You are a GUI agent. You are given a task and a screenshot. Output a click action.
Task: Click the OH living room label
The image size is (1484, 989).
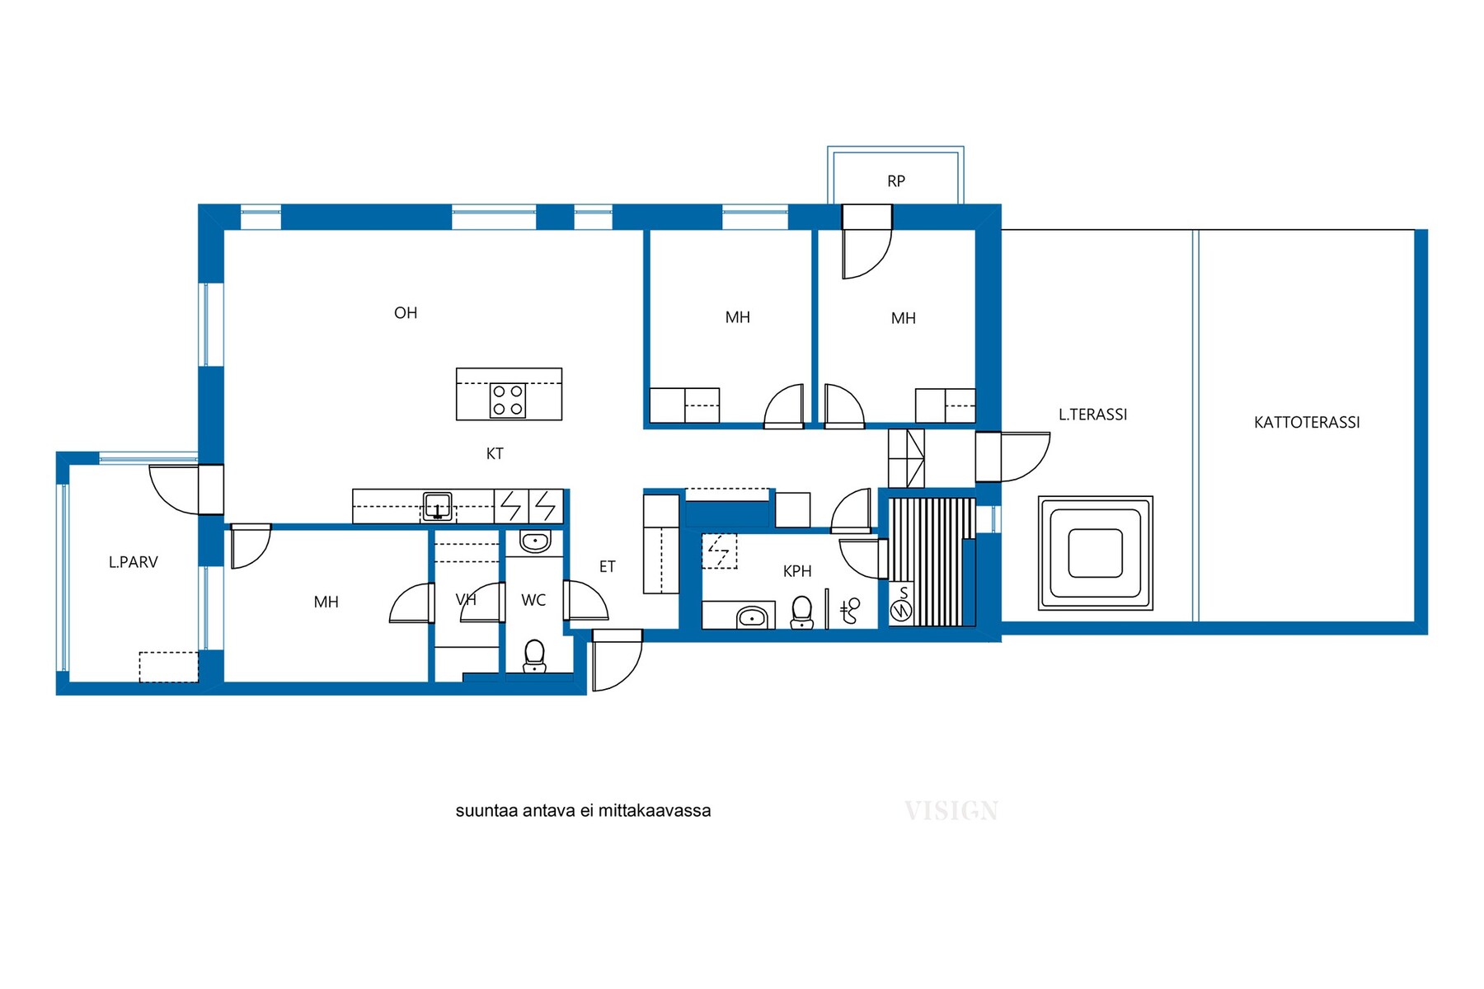(x=406, y=313)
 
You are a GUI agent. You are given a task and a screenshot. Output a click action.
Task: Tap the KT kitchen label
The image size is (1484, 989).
(x=495, y=453)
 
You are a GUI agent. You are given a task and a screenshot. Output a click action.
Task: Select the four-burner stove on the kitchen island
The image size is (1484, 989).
(x=508, y=401)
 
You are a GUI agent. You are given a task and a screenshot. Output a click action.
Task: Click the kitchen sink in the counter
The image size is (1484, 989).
(x=437, y=505)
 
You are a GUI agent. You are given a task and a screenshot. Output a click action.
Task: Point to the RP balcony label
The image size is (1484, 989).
(x=896, y=181)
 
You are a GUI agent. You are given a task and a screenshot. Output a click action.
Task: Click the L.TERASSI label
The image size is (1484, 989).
(x=1092, y=415)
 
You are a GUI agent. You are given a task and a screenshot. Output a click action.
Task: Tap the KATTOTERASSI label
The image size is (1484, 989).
(x=1307, y=423)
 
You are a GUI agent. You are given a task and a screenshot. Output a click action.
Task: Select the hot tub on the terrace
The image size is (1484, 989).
(x=1096, y=553)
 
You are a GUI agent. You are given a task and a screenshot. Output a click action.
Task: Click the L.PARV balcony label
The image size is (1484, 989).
(x=133, y=562)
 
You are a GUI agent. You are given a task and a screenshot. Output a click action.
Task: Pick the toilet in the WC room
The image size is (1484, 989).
(x=534, y=656)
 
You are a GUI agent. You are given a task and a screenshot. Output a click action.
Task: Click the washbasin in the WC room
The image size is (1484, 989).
(x=535, y=542)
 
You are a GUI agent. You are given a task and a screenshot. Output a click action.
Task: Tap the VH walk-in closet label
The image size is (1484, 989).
(x=466, y=600)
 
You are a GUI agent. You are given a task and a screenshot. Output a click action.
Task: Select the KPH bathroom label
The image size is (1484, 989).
(x=797, y=571)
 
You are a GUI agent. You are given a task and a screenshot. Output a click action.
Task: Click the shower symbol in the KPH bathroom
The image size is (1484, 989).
(x=850, y=611)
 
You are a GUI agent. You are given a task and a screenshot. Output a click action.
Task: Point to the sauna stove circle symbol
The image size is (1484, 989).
(x=901, y=611)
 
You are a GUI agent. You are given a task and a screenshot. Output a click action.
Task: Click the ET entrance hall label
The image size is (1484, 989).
(x=607, y=567)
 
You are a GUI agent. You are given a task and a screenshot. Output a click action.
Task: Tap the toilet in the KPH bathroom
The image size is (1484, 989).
(x=801, y=612)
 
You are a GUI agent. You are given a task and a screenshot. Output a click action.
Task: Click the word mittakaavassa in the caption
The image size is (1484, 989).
(x=655, y=811)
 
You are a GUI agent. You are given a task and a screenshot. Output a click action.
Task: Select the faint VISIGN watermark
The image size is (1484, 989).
(x=951, y=811)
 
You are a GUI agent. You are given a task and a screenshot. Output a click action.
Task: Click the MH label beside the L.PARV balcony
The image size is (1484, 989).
(x=326, y=602)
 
